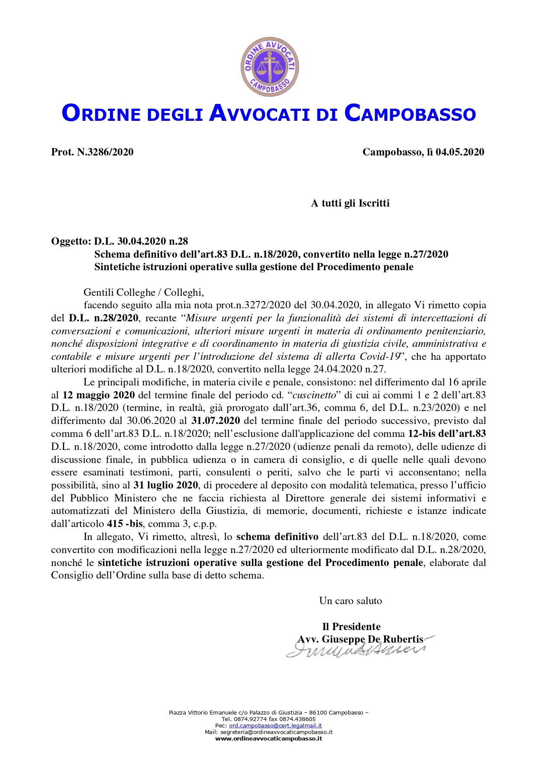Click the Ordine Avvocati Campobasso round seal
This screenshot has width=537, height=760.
pyautogui.click(x=270, y=66)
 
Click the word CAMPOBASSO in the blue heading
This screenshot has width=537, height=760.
pyautogui.click(x=410, y=113)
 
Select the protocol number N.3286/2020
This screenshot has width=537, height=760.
pyautogui.click(x=105, y=152)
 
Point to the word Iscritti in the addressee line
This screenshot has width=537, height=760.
pyautogui.click(x=374, y=203)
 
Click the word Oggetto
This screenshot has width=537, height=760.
pyautogui.click(x=71, y=241)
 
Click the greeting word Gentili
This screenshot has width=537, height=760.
pyautogui.click(x=98, y=292)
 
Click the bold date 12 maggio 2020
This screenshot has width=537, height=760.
pyautogui.click(x=99, y=395)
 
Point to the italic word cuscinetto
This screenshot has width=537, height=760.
pyautogui.click(x=314, y=395)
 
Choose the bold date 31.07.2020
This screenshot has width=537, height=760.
pyautogui.click(x=216, y=420)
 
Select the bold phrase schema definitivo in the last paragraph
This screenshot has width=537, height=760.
pyautogui.click(x=277, y=537)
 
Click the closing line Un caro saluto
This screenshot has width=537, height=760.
pyautogui.click(x=350, y=601)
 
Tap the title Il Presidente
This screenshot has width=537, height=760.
pyautogui.click(x=351, y=627)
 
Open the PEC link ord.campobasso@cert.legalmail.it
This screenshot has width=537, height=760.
pyautogui.click(x=275, y=725)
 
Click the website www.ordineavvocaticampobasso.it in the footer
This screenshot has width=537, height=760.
pyautogui.click(x=268, y=738)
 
